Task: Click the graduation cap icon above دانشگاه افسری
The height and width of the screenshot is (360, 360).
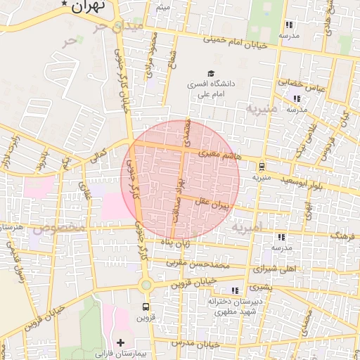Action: pos(210,73)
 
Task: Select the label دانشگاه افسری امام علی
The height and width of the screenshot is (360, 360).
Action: pos(210,88)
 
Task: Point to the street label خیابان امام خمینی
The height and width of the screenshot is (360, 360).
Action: pos(236,39)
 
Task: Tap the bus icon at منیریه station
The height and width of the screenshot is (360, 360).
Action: pos(262,167)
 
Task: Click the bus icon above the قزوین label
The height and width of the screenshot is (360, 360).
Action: pos(146,307)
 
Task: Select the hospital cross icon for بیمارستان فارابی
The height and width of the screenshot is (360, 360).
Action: pos(120,342)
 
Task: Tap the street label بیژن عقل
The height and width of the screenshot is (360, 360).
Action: pos(212,204)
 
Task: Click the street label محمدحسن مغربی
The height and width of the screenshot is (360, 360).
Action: pos(199,264)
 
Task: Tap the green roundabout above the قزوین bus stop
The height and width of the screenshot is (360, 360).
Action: pos(146,285)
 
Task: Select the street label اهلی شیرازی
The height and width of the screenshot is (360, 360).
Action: pos(279,268)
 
